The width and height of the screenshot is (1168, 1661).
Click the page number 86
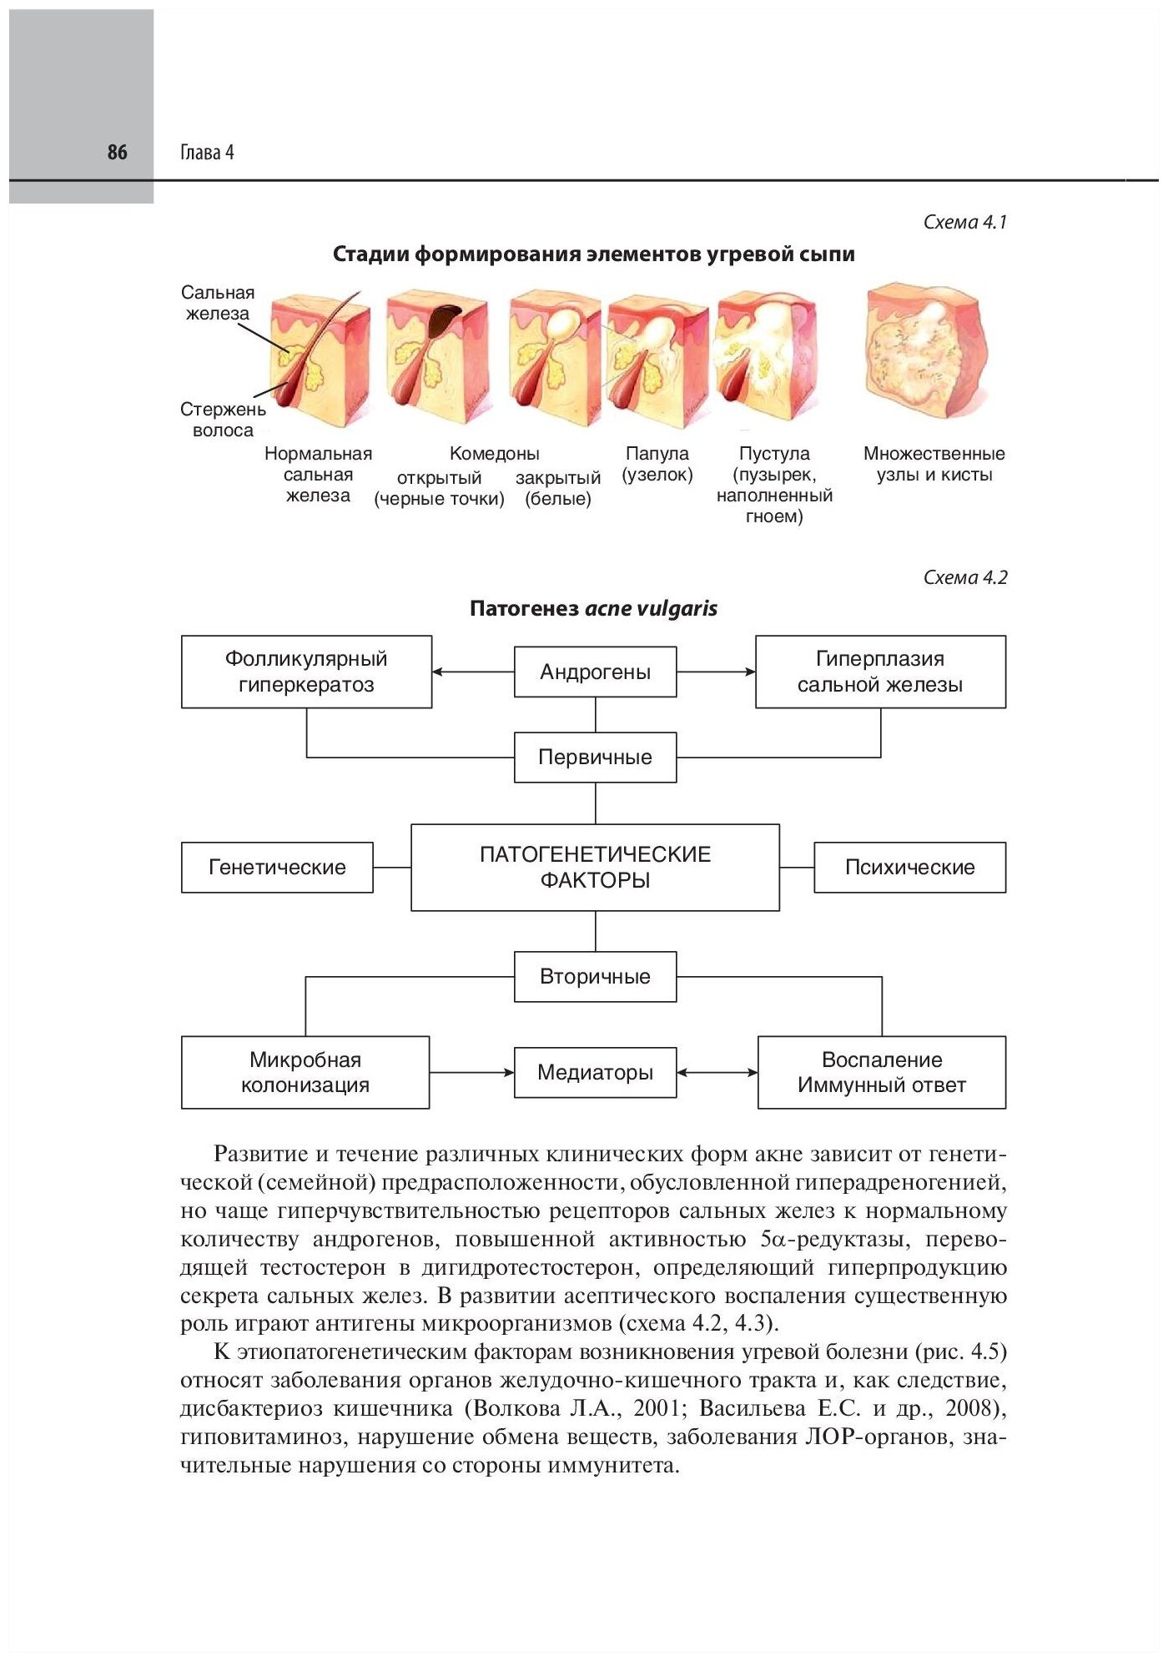117,152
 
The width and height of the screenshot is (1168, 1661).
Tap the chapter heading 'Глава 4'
207,153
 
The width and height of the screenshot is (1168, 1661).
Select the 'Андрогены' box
595,672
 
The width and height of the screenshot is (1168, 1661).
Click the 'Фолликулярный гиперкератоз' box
306,672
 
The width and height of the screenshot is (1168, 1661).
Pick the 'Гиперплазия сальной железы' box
880,672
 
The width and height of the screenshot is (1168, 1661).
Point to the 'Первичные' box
595,758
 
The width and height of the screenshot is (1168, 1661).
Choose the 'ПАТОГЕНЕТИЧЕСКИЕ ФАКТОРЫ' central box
595,867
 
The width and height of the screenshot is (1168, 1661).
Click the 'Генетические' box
277,868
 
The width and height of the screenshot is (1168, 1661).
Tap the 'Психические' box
909,868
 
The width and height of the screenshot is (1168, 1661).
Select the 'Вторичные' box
595,976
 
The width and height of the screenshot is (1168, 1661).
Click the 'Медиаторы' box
595,1072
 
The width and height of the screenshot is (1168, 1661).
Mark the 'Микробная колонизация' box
305,1072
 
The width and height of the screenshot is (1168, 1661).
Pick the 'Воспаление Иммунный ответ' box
882,1072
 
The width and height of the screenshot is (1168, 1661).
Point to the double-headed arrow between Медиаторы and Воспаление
717,1072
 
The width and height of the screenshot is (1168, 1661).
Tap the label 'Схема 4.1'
965,222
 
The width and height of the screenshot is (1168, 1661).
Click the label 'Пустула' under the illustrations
774,454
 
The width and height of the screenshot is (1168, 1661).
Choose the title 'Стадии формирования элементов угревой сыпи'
593,254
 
